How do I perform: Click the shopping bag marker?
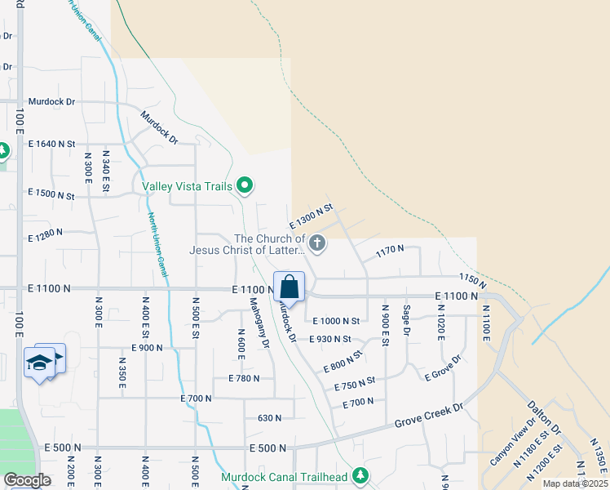289,287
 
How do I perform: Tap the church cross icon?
318,243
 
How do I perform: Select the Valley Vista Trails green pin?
243,185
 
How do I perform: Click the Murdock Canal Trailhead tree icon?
360,476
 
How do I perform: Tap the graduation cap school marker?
39,362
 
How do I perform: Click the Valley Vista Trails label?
188,186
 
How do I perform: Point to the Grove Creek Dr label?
429,413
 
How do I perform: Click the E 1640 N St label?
51,144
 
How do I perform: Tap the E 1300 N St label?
312,217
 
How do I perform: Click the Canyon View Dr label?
513,442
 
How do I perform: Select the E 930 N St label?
330,339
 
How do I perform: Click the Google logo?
27,480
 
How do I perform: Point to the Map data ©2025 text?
575,483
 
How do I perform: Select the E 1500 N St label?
51,195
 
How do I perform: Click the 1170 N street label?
390,252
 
